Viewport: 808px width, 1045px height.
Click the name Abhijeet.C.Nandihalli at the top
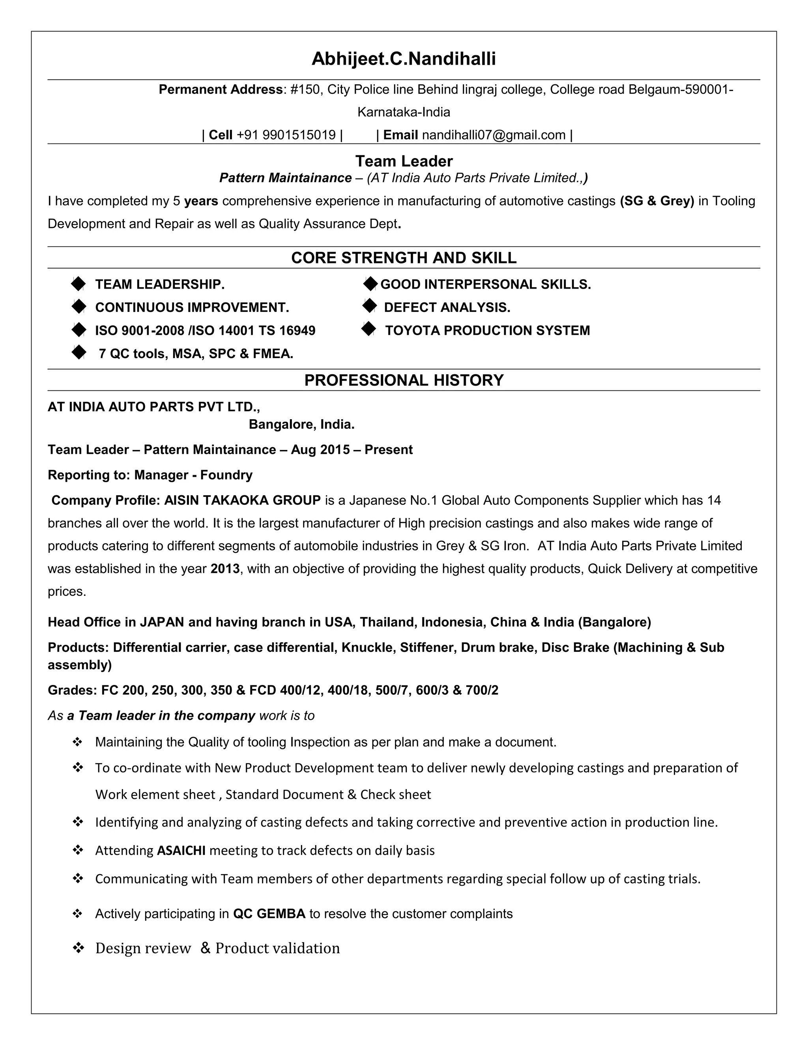tap(404, 59)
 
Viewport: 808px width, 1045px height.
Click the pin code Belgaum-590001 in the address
tap(680, 90)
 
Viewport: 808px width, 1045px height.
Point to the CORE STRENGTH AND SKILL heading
tap(404, 258)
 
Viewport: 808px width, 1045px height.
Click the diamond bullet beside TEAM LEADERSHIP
tap(78, 284)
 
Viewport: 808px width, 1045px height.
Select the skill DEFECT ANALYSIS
tap(447, 307)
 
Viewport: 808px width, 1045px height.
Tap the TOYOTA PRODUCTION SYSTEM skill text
tap(487, 330)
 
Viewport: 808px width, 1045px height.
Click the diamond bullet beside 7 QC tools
tap(78, 353)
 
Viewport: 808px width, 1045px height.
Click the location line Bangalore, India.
tap(301, 424)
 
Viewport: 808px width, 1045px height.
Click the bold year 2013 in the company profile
tap(225, 569)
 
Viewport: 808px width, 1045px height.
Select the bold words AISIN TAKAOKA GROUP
tap(242, 500)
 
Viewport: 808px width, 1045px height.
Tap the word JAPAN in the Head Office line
tap(162, 622)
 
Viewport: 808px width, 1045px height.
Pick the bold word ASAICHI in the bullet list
tap(181, 850)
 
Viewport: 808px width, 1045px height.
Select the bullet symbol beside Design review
tap(78, 948)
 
